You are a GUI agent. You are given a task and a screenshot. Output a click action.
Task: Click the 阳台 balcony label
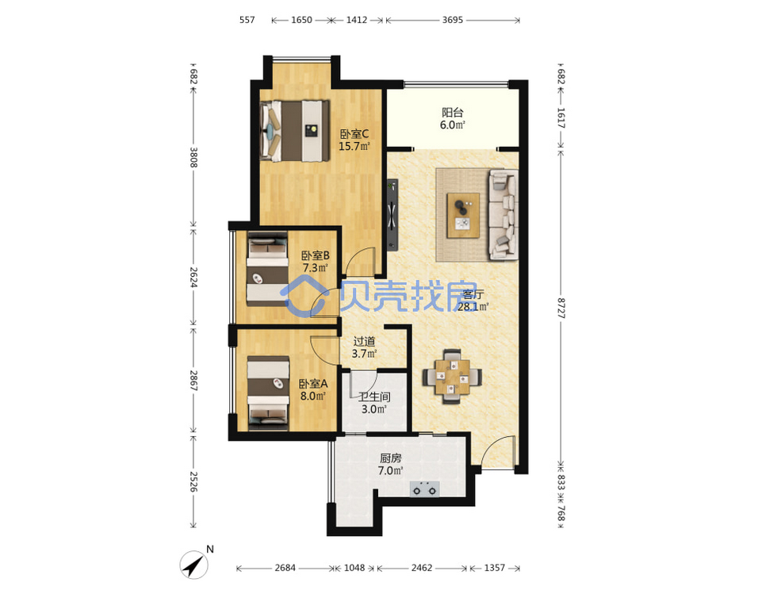[453, 113]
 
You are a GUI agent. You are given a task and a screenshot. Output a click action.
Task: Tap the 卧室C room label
[354, 133]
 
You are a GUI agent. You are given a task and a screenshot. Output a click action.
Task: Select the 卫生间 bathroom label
[374, 397]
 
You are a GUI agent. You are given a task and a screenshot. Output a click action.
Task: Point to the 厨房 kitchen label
[391, 458]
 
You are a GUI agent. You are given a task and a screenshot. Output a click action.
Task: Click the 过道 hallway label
[364, 342]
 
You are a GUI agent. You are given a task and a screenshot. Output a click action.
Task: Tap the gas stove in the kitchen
[425, 489]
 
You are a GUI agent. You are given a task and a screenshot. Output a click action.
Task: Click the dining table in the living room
[452, 377]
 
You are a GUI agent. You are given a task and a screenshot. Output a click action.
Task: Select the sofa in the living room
[503, 214]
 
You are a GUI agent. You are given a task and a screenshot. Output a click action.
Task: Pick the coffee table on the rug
[463, 215]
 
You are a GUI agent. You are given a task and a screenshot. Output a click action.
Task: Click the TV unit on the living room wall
[392, 215]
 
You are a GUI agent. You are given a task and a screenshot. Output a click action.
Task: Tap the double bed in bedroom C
[294, 131]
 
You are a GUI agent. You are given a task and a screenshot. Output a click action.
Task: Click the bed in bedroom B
[267, 269]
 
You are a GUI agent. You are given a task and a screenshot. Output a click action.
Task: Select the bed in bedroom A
[268, 393]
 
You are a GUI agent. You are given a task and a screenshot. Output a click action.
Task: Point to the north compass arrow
[194, 564]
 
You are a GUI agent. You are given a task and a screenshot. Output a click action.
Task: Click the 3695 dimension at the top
[453, 20]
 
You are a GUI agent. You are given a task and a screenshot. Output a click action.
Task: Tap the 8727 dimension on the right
[561, 308]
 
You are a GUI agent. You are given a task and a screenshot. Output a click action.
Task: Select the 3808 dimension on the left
[193, 157]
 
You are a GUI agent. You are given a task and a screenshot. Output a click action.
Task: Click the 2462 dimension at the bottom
[422, 568]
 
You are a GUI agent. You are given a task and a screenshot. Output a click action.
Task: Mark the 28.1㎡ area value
[473, 307]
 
